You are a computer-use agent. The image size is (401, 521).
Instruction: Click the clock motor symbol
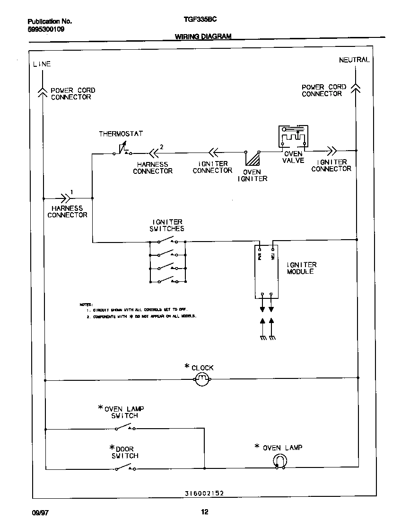coord(202,378)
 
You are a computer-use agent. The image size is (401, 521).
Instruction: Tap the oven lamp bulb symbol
coord(280,461)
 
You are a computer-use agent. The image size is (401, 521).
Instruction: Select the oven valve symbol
coord(292,137)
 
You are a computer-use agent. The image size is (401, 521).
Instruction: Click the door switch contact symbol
coord(125,468)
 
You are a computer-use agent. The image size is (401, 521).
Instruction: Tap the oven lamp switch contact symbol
coord(125,428)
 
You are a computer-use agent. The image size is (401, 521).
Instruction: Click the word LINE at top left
coord(42,64)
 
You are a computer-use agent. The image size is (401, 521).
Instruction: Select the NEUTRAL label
coord(354,60)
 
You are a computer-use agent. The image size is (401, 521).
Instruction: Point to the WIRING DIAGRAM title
coord(203,36)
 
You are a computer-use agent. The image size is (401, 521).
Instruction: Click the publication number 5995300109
coord(46,29)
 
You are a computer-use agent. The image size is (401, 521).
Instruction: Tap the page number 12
coord(204,512)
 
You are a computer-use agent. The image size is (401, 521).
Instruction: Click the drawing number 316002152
coord(204,493)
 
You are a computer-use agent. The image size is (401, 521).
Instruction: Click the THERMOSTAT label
coord(121,134)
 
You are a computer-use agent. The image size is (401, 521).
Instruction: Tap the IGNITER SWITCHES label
coord(167,225)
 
